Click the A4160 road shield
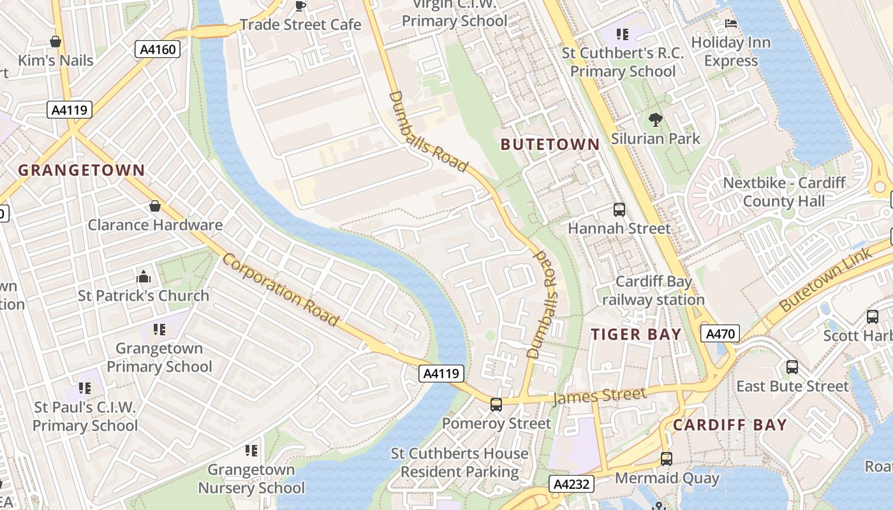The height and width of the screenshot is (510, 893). click(x=157, y=49)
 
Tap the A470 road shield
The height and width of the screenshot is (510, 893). click(x=720, y=333)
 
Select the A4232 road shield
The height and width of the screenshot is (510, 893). click(x=572, y=484)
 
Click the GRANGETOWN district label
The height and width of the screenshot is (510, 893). click(x=82, y=170)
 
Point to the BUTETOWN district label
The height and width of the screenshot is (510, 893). click(x=550, y=145)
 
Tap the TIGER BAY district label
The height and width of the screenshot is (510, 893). click(x=636, y=334)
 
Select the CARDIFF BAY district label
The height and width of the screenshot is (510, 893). click(x=730, y=425)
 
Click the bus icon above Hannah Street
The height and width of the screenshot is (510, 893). click(x=619, y=209)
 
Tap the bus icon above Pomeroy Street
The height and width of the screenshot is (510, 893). click(x=496, y=404)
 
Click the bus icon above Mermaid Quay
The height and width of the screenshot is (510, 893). click(x=666, y=458)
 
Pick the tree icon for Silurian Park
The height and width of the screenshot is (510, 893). click(x=654, y=119)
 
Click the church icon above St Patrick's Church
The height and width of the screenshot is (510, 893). click(x=144, y=277)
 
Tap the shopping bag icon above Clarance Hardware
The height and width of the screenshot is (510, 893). click(x=154, y=206)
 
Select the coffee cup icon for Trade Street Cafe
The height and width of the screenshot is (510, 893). click(x=300, y=6)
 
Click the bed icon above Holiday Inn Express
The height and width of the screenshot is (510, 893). click(x=731, y=24)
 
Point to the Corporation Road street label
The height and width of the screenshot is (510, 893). click(x=280, y=289)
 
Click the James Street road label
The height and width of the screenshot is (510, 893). click(x=599, y=396)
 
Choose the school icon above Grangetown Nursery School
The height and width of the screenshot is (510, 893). click(x=251, y=451)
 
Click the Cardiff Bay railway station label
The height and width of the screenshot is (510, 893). click(x=653, y=291)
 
